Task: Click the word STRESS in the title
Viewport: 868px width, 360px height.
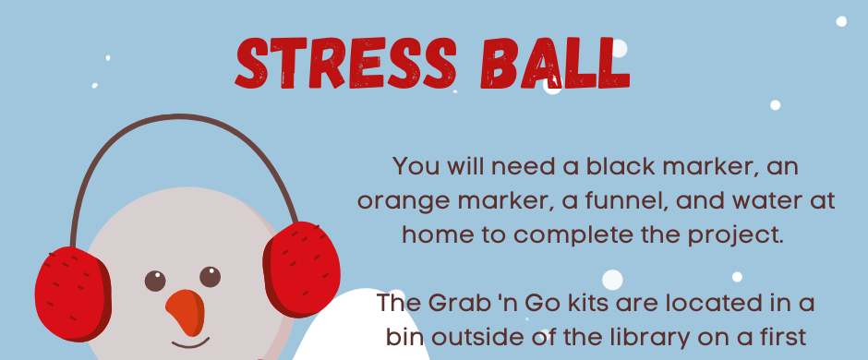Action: [x=346, y=63]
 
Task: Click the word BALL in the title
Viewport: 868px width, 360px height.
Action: [x=556, y=63]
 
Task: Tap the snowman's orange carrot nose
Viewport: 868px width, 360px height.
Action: [x=186, y=312]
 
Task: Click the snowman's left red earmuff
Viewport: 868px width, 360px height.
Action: [x=73, y=294]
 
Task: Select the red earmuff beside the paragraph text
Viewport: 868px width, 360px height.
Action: [x=302, y=270]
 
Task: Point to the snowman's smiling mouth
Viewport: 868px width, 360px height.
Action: [x=190, y=343]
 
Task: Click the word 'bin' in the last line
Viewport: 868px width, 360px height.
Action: [x=403, y=338]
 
